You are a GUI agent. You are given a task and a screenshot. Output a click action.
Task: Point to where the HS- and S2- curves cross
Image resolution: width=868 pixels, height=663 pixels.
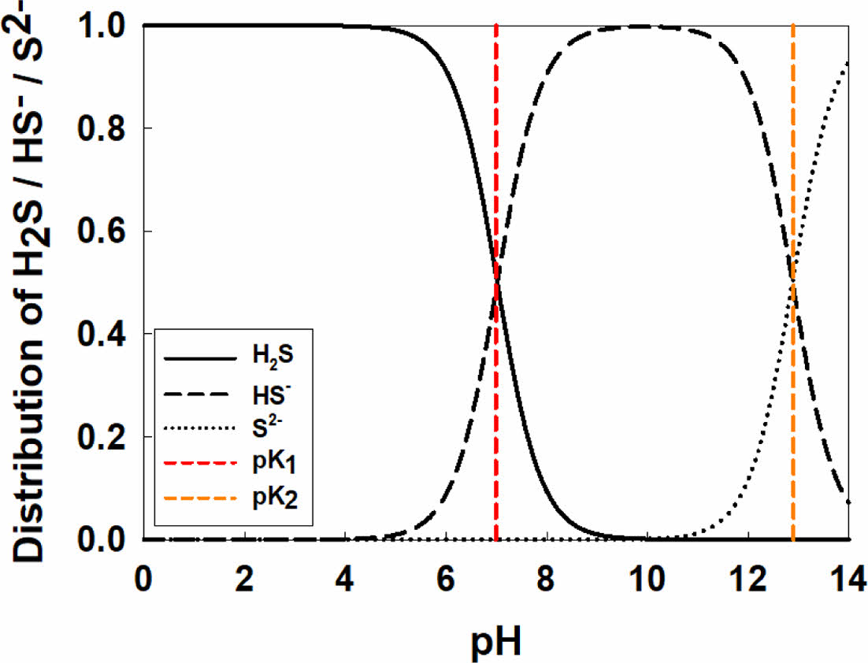(x=792, y=282)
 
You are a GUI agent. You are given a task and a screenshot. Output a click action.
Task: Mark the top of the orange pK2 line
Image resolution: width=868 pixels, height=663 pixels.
(x=792, y=26)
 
